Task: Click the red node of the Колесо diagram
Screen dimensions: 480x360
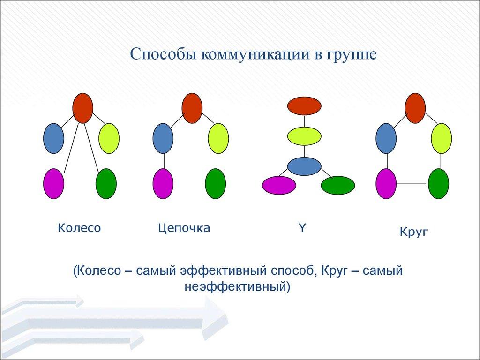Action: pos(82,108)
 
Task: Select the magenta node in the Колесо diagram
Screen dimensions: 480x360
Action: pos(53,184)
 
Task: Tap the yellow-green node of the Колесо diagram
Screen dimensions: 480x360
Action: pos(109,138)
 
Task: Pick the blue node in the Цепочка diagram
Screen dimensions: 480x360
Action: pos(163,138)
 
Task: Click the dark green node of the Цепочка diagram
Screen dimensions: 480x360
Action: pos(216,184)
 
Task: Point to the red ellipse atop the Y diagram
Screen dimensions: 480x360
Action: pos(304,106)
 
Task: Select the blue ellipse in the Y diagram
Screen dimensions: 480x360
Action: pos(304,166)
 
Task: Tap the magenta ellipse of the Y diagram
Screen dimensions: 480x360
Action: pos(279,185)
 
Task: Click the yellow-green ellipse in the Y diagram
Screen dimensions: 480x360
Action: pos(304,136)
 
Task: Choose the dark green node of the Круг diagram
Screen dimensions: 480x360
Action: pos(438,184)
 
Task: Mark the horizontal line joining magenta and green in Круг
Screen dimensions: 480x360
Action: pos(412,184)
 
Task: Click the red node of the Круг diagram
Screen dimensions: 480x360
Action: pos(415,108)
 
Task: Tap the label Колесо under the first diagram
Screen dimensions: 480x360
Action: pos(79,228)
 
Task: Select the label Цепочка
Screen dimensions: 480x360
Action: pos(184,228)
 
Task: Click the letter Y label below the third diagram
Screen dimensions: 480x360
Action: pos(302,227)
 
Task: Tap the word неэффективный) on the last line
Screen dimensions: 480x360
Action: pos(237,287)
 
